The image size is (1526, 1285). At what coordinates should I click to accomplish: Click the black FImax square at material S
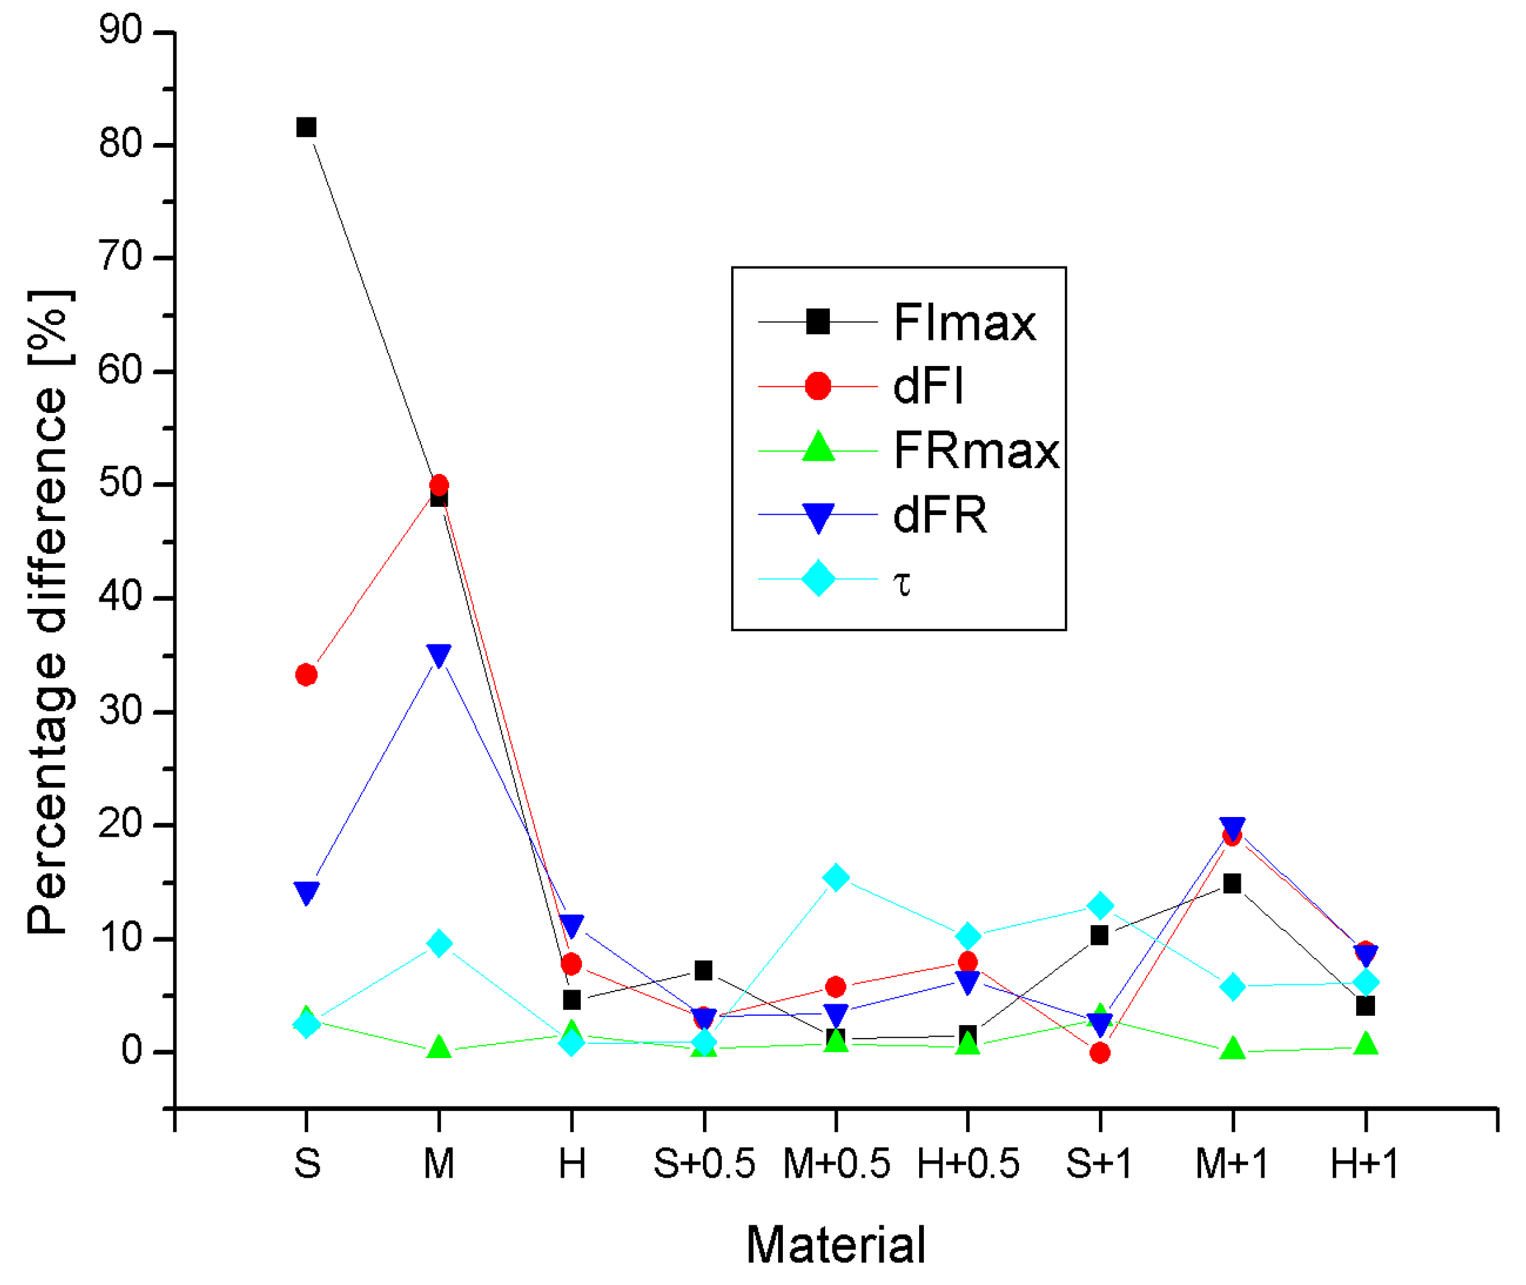tap(307, 128)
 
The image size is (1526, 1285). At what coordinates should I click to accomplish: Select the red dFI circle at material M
tap(439, 485)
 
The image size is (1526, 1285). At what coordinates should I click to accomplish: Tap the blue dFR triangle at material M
tap(439, 655)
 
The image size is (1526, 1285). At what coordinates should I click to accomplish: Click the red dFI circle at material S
tap(307, 675)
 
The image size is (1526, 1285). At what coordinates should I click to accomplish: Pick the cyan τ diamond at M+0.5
tap(837, 877)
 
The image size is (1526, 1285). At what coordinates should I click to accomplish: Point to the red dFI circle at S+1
tap(1100, 1053)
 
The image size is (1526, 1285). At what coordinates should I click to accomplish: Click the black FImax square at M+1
tap(1233, 884)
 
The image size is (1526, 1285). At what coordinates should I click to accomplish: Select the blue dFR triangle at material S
tap(307, 892)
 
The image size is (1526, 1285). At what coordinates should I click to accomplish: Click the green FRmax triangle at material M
tap(439, 1047)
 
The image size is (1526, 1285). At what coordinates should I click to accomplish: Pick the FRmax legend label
tap(977, 451)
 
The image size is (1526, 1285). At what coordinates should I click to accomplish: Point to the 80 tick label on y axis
tap(121, 144)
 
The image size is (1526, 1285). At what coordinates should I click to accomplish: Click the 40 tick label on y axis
tap(121, 597)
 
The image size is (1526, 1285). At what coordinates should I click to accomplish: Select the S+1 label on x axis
tap(1100, 1164)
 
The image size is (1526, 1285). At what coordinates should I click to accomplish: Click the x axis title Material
tap(837, 1245)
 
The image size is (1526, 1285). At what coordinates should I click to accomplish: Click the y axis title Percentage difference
tap(48, 612)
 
